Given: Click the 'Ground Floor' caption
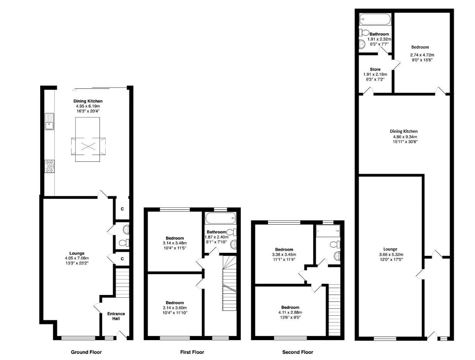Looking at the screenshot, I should coord(87,352).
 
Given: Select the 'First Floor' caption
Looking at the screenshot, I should coord(192,352).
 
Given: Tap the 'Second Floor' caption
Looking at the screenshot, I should coord(297,352).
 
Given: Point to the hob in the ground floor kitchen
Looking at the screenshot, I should coord(49,166).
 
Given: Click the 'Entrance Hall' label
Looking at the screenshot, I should coord(116,316).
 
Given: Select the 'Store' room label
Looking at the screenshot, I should coord(375,70).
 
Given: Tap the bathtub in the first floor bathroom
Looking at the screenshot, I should coord(220,219).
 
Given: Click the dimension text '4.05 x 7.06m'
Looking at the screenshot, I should coord(77,259).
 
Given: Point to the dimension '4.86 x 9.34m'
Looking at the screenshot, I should coord(403,137).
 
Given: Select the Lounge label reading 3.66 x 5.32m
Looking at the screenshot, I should coord(390,249).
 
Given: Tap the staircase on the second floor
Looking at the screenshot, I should coord(334,310).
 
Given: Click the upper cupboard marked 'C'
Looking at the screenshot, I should coord(122,209).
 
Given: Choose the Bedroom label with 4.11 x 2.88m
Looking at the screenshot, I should coord(290,307).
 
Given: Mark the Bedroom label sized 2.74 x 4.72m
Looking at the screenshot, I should coord(420,47).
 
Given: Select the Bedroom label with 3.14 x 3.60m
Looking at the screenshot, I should coord(175,303).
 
